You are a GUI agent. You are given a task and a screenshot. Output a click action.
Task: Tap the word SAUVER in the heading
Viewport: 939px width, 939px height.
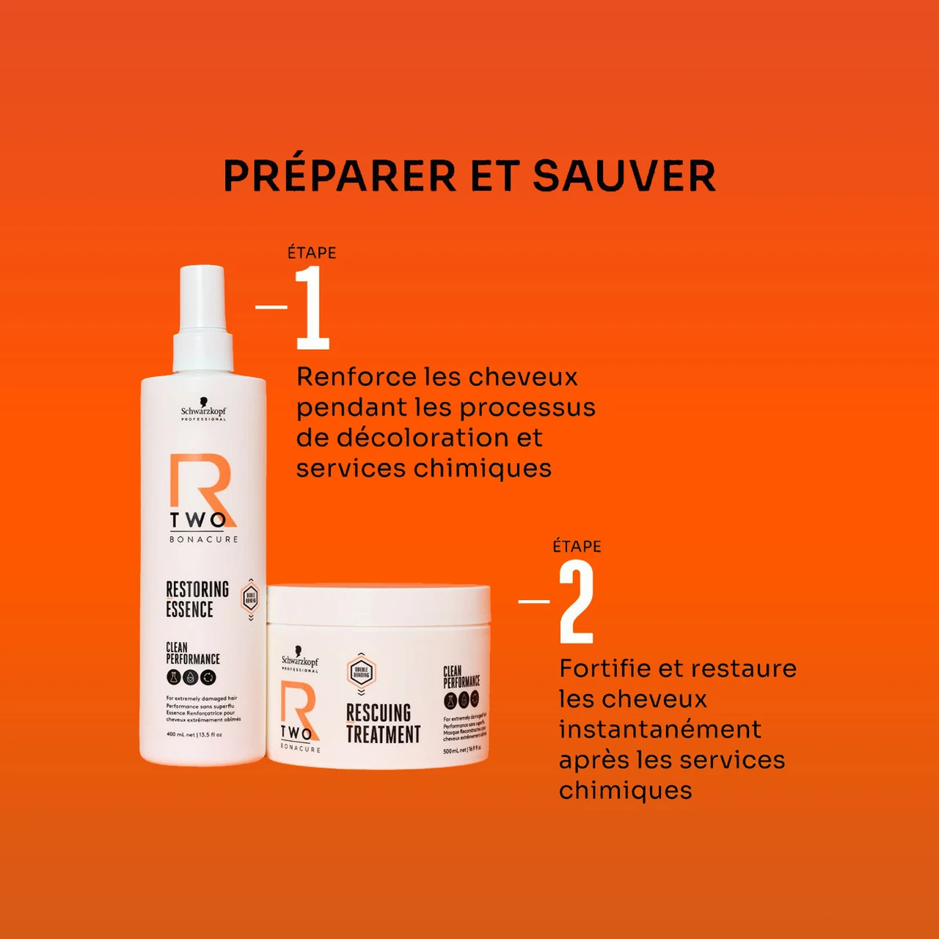624,176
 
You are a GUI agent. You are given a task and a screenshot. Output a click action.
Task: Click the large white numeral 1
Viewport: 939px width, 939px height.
313,307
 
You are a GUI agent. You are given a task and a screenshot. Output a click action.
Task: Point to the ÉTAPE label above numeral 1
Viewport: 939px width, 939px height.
312,253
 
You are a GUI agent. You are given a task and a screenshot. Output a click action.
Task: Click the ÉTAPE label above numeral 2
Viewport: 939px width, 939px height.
577,547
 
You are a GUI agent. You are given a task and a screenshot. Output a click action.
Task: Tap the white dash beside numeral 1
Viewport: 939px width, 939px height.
271,307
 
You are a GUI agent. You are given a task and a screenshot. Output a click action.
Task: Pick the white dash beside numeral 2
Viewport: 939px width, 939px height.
534,602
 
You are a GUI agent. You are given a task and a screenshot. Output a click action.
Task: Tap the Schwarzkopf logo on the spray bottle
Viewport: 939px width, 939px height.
203,413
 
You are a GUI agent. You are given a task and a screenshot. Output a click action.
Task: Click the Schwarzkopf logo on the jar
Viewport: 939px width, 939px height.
300,660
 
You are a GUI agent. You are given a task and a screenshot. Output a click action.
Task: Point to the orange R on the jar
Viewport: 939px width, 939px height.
298,704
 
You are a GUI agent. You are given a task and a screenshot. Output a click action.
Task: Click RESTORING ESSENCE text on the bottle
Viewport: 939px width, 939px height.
197,599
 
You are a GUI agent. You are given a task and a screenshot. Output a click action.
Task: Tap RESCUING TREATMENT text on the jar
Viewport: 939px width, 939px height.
383,723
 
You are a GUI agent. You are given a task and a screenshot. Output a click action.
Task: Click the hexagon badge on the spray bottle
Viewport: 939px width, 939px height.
250,597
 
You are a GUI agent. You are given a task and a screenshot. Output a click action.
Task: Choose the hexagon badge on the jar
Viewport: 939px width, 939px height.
361,672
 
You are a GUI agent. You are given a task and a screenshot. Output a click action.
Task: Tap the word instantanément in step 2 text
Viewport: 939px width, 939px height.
660,730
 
